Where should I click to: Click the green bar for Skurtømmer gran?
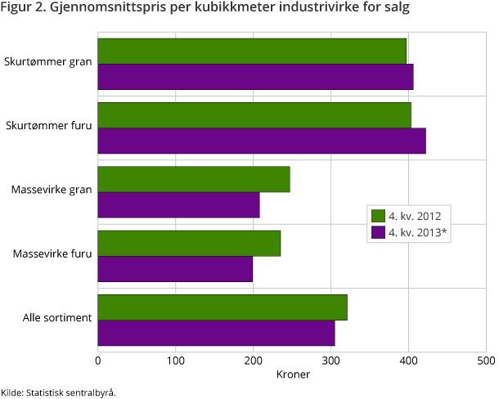coord(252,51)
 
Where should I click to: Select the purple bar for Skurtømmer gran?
coord(255,76)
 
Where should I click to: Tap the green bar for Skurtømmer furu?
coord(254,114)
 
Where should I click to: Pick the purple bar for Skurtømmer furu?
coord(262,140)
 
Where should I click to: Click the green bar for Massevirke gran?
coord(194,179)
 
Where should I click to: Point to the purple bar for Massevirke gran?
coord(178,204)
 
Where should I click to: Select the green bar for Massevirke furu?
coord(189,243)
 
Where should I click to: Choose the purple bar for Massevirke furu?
coord(175,268)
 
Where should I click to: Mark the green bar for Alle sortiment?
coord(223,307)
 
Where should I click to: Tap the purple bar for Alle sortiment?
coord(216,333)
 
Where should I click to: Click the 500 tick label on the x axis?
coord(486,360)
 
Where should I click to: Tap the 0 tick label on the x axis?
coord(98,360)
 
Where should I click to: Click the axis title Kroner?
coord(292,374)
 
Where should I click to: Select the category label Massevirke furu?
coord(52,253)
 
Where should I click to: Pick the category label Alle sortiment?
coord(56,317)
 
